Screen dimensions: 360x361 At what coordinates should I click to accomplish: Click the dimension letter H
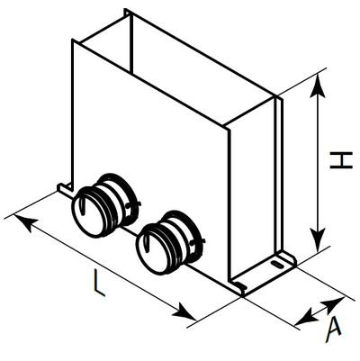coord(341,160)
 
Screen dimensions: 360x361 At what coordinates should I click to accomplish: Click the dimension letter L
coord(99,283)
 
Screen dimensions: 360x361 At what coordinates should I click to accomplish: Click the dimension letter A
coord(333,330)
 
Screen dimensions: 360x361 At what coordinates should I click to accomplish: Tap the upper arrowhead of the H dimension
coord(318,86)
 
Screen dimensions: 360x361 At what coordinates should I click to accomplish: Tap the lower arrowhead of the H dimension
coord(318,240)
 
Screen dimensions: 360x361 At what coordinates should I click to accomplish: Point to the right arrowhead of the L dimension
coord(184,312)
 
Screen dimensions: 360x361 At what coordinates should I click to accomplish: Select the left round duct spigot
coord(105,205)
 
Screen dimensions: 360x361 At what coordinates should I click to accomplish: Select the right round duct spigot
coord(171,242)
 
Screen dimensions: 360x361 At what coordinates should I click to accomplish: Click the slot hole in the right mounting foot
coord(276,265)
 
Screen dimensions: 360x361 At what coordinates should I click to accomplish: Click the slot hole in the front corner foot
coord(240,285)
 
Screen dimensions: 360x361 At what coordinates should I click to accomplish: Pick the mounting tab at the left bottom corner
coord(65,188)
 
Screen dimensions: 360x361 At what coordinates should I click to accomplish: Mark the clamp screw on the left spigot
coord(133,205)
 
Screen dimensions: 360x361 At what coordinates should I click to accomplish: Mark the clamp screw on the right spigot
coord(198,241)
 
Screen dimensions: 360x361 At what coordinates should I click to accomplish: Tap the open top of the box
coord(177,69)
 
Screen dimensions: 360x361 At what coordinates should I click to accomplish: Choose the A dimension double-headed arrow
coord(319,311)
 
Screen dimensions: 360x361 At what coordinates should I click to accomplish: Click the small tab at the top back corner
coord(128,13)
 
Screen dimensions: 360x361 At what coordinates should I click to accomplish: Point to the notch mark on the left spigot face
coord(83,207)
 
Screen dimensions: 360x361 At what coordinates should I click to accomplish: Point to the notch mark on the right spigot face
coord(147,243)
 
